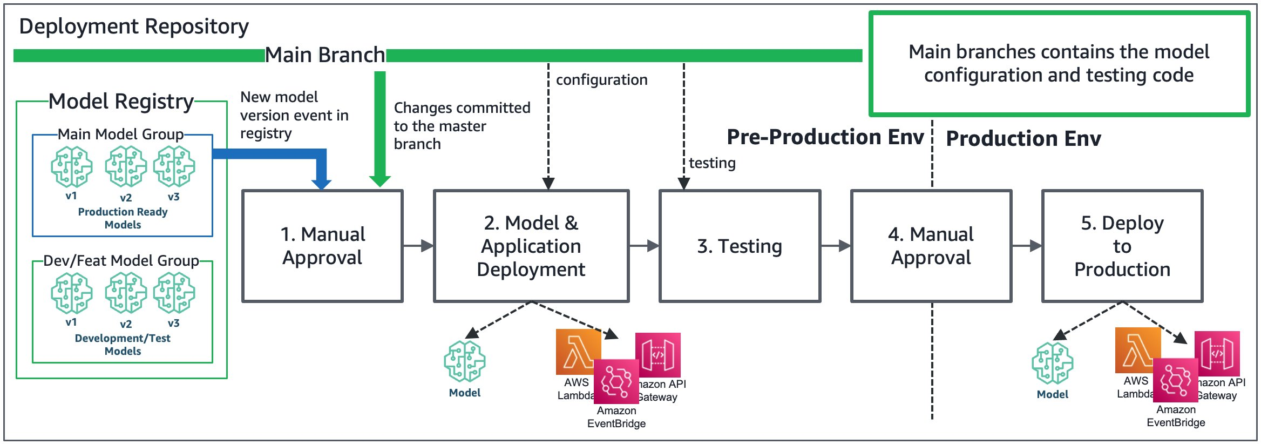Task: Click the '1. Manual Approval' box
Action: tap(322, 246)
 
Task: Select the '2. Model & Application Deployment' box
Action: tap(531, 246)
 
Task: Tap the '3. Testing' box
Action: tap(740, 246)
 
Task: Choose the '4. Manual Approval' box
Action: tap(931, 246)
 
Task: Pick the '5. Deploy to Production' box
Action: tap(1122, 246)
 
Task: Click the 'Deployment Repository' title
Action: tap(134, 26)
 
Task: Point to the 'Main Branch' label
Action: tap(325, 55)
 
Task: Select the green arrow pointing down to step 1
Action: tap(380, 130)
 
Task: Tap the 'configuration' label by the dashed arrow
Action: tap(601, 80)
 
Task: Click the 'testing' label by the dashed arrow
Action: tap(712, 163)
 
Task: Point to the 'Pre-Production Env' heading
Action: tap(825, 137)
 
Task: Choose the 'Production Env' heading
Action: tap(1023, 139)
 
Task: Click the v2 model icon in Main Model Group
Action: tap(125, 167)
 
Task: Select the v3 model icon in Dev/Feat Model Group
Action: tap(174, 293)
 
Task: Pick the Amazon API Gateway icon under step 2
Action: tap(658, 355)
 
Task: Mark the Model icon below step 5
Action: tap(1052, 363)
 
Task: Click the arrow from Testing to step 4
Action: tap(836, 246)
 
